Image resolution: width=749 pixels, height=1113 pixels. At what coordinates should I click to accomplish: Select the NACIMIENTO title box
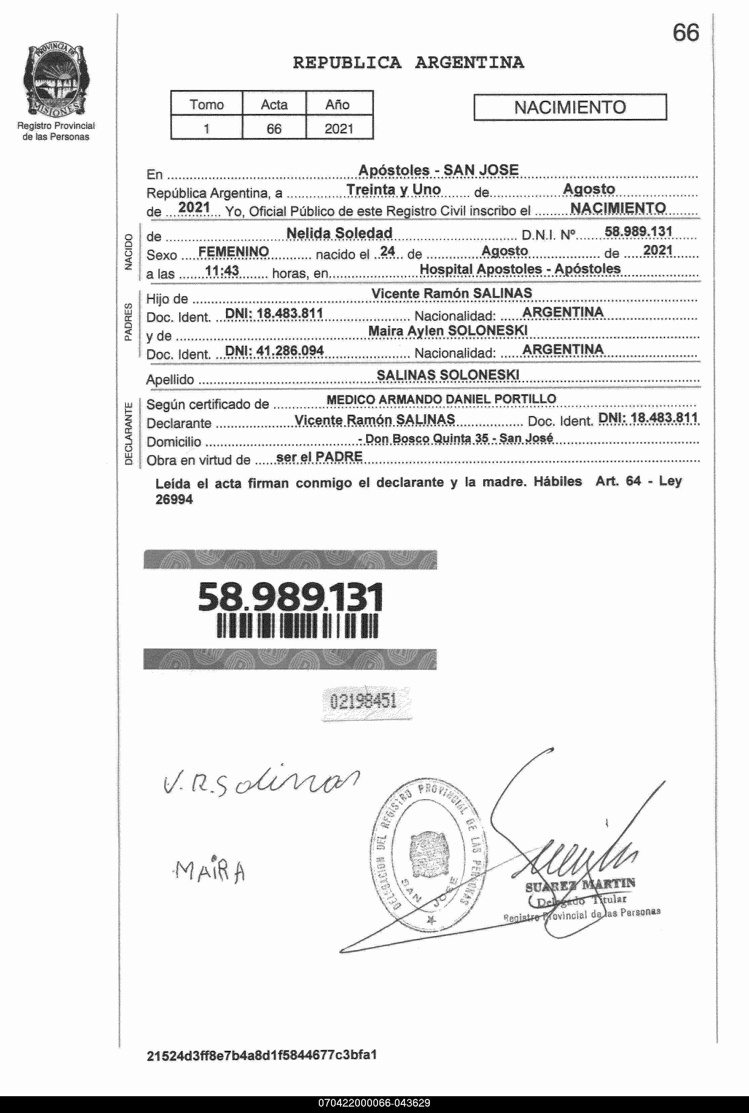[569, 107]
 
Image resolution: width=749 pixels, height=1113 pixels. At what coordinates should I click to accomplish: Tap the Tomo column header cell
[207, 104]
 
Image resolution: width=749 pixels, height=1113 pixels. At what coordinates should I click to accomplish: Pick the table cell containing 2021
[339, 128]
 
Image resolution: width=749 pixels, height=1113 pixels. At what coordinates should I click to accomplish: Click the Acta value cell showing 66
[274, 128]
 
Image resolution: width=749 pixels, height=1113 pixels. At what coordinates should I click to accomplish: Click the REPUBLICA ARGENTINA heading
[408, 63]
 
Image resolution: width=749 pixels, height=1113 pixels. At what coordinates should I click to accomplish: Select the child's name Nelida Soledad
[339, 233]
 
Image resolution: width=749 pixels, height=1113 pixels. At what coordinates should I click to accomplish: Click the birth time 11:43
[222, 271]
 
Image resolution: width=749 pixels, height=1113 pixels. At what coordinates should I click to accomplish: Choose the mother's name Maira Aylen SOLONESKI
[448, 331]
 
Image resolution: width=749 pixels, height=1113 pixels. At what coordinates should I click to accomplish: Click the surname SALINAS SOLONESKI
[448, 375]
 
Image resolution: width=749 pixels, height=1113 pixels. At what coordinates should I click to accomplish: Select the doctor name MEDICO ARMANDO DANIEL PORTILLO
[441, 399]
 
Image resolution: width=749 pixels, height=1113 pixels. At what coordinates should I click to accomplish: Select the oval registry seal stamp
[428, 855]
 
